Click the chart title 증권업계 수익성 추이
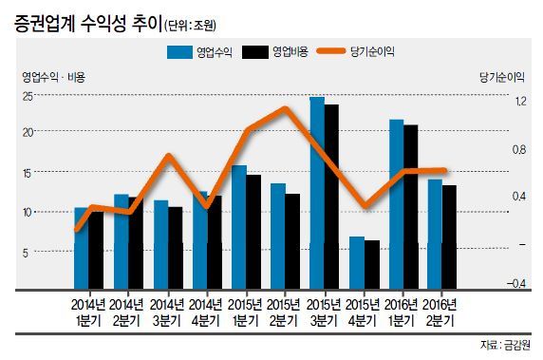[88, 24]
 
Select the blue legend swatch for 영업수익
[179, 52]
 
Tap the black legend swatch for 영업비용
[255, 52]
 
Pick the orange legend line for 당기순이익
[331, 51]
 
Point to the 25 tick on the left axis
[28, 96]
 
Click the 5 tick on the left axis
[26, 253]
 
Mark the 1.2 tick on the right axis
[520, 102]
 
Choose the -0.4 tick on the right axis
[516, 283]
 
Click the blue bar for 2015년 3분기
[317, 193]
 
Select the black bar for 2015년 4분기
[372, 264]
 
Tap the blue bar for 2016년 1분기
[397, 204]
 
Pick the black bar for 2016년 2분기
[449, 237]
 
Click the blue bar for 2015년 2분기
[278, 236]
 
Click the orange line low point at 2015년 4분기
[365, 206]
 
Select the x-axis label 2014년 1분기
[88, 313]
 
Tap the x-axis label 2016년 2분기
[440, 313]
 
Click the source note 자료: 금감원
[505, 345]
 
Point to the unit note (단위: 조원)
[190, 26]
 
